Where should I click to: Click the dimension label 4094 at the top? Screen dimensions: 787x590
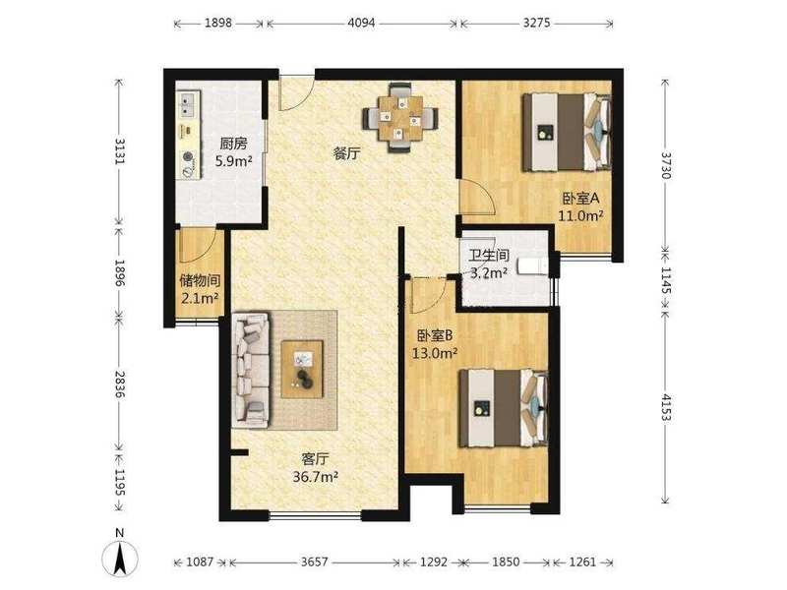pos(361,23)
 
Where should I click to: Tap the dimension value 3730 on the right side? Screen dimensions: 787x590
pos(666,165)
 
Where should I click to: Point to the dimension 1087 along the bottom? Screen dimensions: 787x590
pos(200,561)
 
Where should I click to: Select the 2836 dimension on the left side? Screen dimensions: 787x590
pos(119,384)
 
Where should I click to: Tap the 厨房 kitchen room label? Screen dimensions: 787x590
pos(233,144)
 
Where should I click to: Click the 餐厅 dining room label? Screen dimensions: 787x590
pos(347,153)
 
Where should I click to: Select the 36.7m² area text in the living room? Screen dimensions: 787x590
pos(315,477)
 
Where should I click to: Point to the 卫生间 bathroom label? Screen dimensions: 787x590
pos(489,256)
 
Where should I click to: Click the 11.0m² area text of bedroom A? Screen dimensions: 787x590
pos(580,216)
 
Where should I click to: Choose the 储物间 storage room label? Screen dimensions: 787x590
pos(200,280)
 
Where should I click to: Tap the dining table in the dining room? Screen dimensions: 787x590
pos(400,118)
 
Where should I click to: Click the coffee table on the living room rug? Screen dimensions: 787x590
pos(302,370)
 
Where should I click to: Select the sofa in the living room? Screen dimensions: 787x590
pos(251,371)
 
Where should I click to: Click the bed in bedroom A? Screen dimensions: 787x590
pos(567,132)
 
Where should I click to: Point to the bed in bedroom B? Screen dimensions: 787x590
pos(504,408)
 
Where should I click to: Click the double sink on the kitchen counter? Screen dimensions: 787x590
pos(188,104)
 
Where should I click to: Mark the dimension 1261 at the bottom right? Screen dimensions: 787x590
pos(582,561)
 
